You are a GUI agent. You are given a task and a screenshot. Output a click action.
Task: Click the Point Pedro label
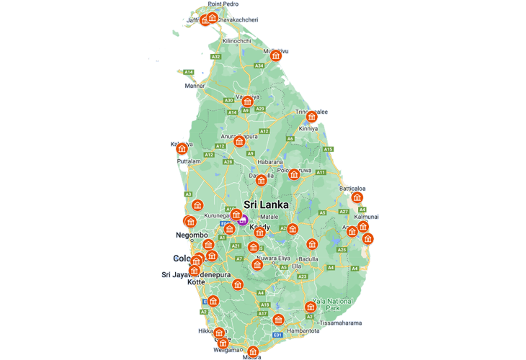pyautogui.click(x=223, y=4)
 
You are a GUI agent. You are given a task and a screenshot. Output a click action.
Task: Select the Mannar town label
pyautogui.click(x=195, y=86)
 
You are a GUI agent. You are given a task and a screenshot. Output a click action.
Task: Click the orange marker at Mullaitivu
pyautogui.click(x=275, y=56)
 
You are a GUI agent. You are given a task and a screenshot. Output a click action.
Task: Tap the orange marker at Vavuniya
pyautogui.click(x=247, y=102)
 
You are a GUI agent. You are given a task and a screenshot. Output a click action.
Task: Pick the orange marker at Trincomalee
pyautogui.click(x=311, y=117)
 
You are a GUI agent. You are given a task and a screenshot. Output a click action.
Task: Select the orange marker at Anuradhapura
pyautogui.click(x=239, y=141)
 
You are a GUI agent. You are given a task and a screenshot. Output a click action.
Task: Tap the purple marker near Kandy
pyautogui.click(x=244, y=220)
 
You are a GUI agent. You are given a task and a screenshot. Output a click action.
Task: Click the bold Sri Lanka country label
pyautogui.click(x=266, y=204)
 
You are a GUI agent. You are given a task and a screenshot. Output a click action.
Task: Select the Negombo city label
pyautogui.click(x=192, y=235)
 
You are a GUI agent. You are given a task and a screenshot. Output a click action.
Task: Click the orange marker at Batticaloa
pyautogui.click(x=357, y=197)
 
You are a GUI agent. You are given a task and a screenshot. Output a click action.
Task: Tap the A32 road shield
pyautogui.click(x=216, y=56)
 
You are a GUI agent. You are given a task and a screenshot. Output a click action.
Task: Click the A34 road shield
pyautogui.click(x=259, y=66)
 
